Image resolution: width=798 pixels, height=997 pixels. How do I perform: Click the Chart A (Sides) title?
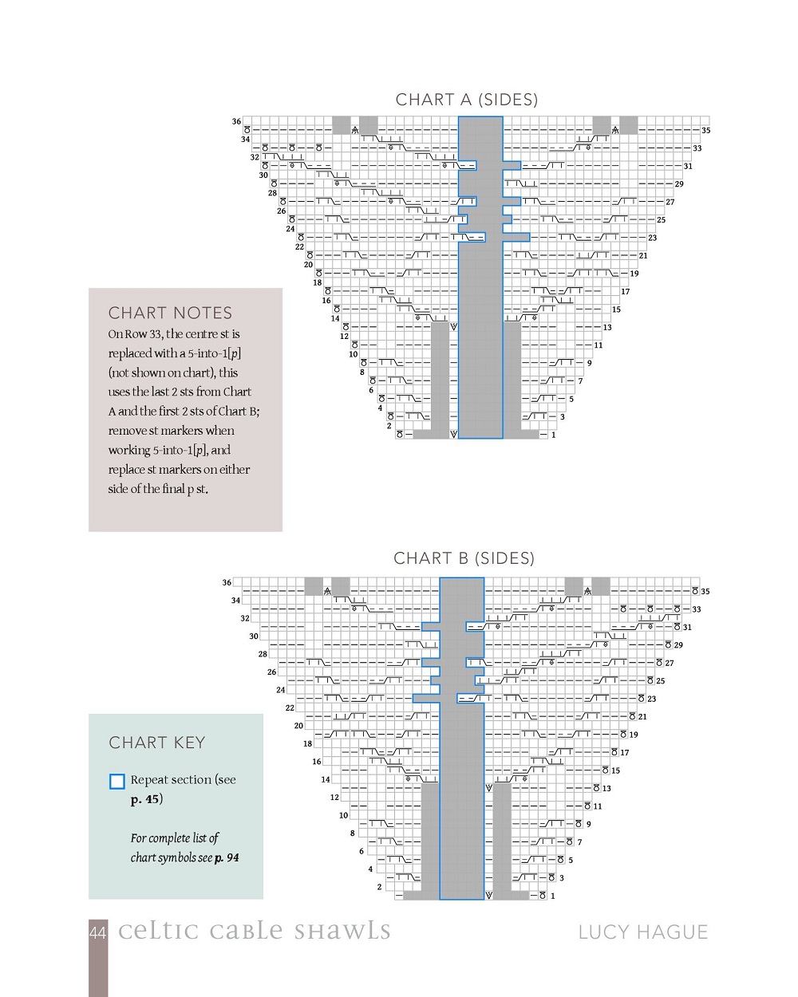[x=467, y=100]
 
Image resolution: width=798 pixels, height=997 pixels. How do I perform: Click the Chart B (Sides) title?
[x=464, y=558]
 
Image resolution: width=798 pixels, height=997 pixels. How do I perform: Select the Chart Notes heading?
[x=170, y=313]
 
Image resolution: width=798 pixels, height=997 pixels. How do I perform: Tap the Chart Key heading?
[x=156, y=743]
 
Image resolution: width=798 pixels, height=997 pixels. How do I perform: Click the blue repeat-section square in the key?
[x=117, y=782]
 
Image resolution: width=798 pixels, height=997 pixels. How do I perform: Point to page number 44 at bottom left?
[x=97, y=932]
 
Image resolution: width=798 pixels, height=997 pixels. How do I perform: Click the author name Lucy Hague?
[x=642, y=932]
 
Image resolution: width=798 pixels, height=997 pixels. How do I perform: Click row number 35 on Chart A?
[x=705, y=130]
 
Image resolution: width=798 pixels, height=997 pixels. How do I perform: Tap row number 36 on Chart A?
[x=236, y=121]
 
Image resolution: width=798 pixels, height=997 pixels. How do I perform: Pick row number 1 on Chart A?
[x=553, y=435]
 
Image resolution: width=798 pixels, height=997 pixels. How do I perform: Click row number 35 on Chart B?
[x=705, y=591]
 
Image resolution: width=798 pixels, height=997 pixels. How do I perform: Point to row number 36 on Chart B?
[x=227, y=582]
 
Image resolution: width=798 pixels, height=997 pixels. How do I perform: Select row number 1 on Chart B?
[x=552, y=896]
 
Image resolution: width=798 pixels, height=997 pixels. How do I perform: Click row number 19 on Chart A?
[x=634, y=274]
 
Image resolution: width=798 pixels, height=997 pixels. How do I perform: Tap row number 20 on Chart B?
[x=298, y=726]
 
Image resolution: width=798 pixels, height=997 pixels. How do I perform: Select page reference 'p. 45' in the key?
[x=146, y=799]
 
